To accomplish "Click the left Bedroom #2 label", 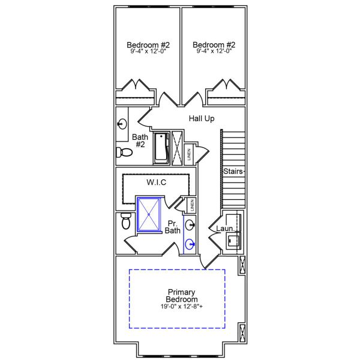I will (148, 45).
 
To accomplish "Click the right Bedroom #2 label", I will (214, 45).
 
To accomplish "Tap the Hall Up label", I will (202, 119).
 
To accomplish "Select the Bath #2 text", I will (140, 140).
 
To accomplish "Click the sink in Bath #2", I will (122, 124).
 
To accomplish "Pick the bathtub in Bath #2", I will (161, 148).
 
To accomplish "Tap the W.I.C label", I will (156, 182).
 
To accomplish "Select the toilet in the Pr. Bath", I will (126, 221).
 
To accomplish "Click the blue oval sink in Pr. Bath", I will (190, 244).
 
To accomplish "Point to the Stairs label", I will (233, 172).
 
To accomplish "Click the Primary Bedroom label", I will (182, 295).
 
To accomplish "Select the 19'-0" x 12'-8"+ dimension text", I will (182, 307).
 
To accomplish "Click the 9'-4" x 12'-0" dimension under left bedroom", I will (148, 52).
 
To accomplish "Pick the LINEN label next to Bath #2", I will (189, 155).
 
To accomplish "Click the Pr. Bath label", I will (173, 226).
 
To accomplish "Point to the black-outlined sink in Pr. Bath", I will (190, 225).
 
